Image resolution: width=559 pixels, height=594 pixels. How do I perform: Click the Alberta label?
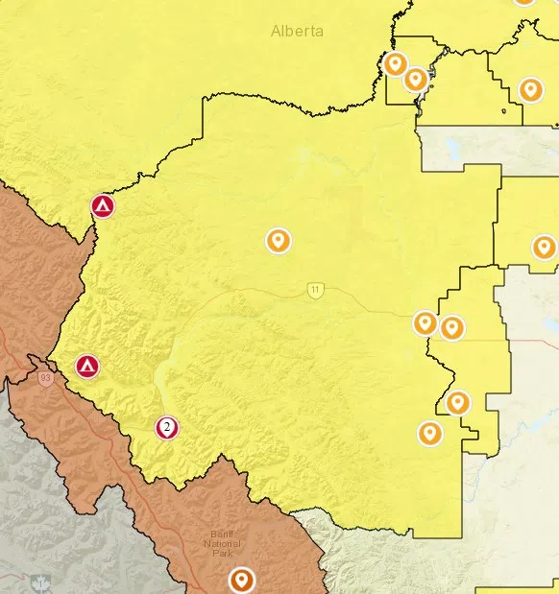(x=297, y=31)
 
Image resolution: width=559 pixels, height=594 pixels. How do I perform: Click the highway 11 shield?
(x=315, y=290)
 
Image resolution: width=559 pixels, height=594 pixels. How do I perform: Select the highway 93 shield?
(x=45, y=378)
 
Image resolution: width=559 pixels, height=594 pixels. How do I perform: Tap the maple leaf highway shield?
(x=40, y=582)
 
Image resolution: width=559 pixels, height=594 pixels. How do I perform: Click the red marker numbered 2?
(x=167, y=427)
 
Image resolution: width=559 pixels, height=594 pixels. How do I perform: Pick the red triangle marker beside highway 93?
(x=87, y=366)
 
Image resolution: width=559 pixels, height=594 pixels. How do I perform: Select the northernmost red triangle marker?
(x=103, y=205)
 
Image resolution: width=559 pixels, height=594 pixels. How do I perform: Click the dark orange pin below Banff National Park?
(x=242, y=580)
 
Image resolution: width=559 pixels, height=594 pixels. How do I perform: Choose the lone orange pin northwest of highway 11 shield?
(x=279, y=240)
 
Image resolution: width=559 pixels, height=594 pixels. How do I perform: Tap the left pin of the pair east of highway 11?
(x=425, y=322)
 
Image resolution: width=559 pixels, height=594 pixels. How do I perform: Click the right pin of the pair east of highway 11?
(x=451, y=327)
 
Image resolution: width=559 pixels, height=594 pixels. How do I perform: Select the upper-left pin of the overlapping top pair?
(x=396, y=64)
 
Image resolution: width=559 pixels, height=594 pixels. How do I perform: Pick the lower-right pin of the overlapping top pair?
(x=416, y=79)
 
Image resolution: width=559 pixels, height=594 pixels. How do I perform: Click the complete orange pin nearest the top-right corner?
(x=530, y=89)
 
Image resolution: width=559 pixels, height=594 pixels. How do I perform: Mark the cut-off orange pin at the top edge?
(x=523, y=2)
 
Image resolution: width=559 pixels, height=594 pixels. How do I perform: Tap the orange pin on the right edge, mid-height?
(x=545, y=247)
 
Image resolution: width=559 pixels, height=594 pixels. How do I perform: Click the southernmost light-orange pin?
(x=430, y=434)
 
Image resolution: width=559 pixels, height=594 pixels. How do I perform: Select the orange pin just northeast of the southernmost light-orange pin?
(x=458, y=402)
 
